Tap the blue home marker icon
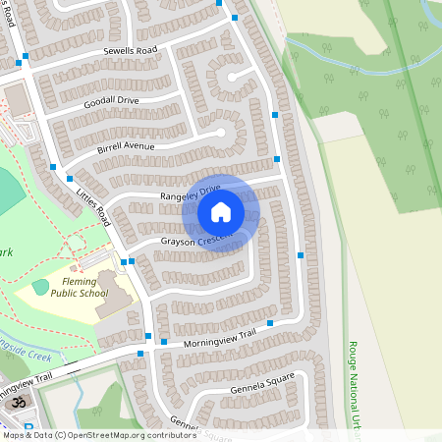[x=221, y=212]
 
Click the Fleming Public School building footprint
[x=113, y=296]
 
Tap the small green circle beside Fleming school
[x=40, y=287]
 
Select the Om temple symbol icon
[x=15, y=404]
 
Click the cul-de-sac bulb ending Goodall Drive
[x=231, y=76]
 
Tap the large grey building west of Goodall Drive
[x=17, y=98]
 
